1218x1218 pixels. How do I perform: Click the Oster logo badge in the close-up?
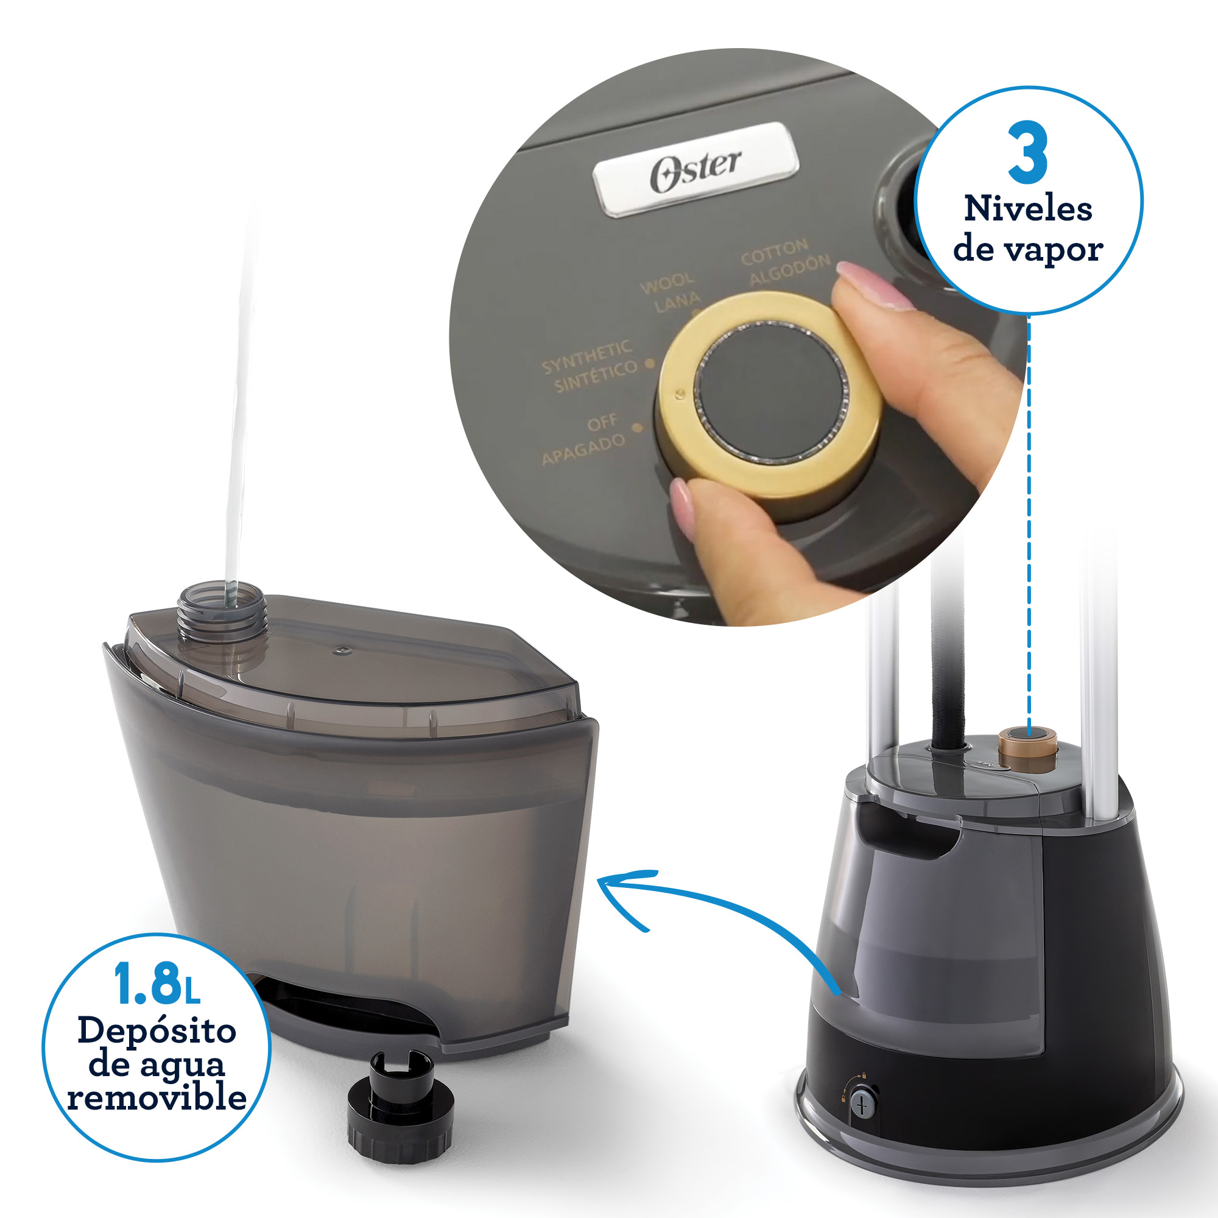695,169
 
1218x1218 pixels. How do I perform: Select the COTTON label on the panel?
774,251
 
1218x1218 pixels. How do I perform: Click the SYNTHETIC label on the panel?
586,356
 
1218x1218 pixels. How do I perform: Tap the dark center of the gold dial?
771,389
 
